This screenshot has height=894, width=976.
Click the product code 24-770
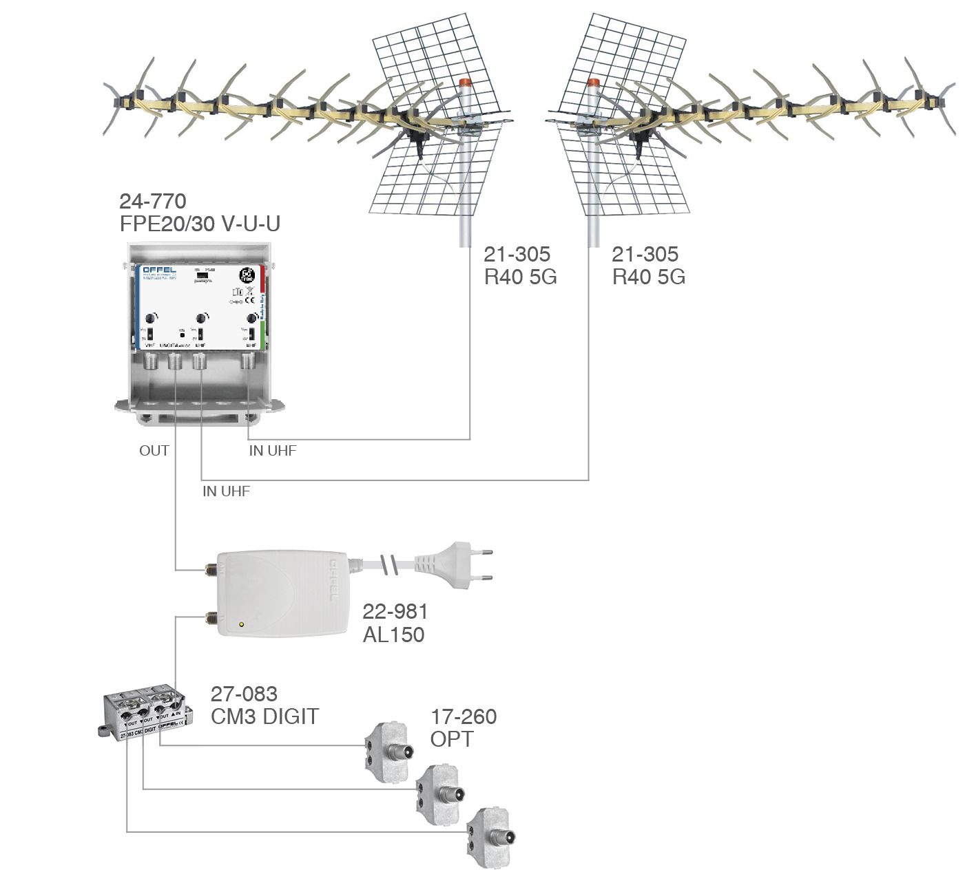(152, 201)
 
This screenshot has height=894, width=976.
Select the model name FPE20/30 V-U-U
(200, 224)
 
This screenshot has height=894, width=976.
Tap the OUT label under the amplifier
(154, 451)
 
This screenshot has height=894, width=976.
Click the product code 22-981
(395, 611)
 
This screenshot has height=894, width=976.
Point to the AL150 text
(393, 634)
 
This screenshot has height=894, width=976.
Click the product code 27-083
(244, 694)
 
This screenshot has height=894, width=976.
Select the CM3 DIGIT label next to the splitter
(264, 716)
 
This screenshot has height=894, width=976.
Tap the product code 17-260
(464, 716)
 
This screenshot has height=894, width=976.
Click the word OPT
(452, 739)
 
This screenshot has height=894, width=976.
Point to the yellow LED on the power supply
(240, 625)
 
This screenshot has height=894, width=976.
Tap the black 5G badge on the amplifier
(246, 275)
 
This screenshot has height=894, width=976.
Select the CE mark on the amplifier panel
(251, 300)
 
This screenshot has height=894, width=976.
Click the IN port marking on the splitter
(177, 716)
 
